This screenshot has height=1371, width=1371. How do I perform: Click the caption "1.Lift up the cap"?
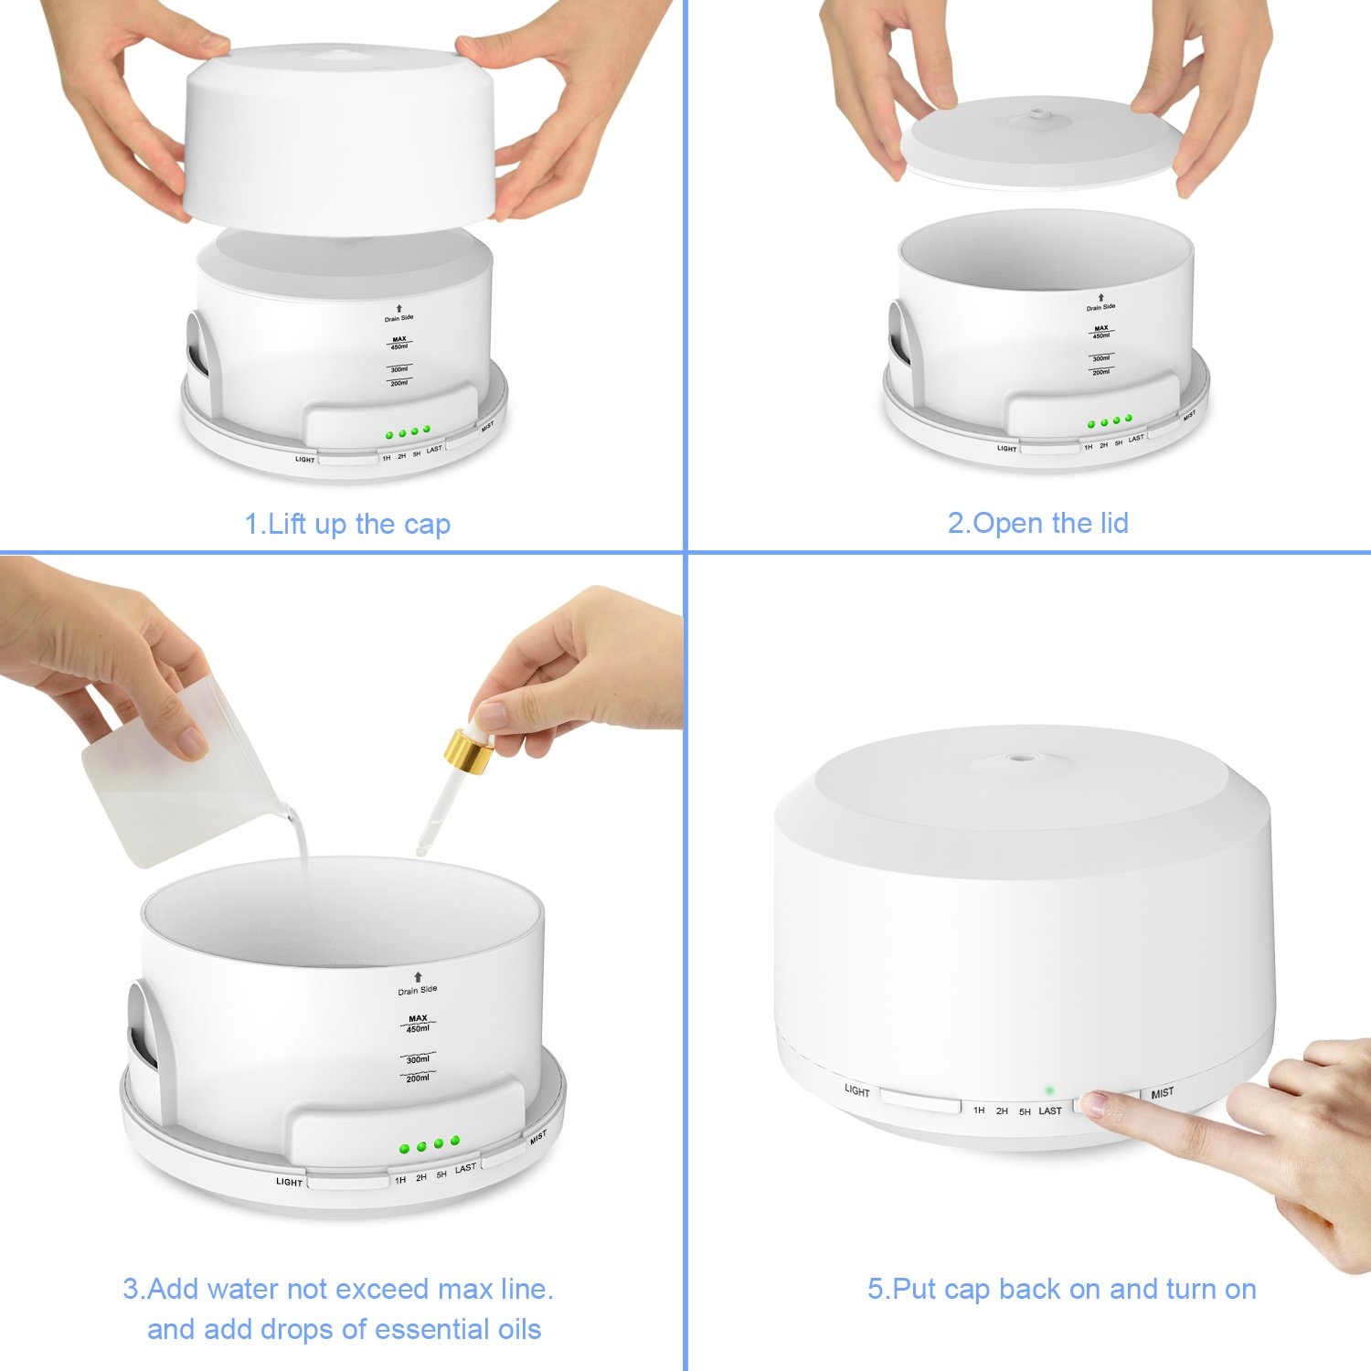[x=347, y=525]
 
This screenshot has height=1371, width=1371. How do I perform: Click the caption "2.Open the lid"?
[x=1037, y=523]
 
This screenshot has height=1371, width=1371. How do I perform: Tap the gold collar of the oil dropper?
[x=468, y=751]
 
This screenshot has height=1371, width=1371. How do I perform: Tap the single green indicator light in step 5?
[x=1049, y=1089]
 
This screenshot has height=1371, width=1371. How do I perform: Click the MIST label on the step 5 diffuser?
[x=1163, y=1093]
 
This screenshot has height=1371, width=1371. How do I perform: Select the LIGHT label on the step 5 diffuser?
[x=857, y=1090]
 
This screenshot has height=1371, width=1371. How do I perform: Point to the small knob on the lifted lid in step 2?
[x=1037, y=115]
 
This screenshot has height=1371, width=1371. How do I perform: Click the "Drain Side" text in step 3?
[x=418, y=990]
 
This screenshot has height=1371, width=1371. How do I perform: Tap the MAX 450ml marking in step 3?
[x=418, y=1023]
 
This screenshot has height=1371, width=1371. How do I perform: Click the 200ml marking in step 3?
[x=418, y=1079]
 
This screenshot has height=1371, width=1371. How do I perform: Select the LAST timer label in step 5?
[x=1050, y=1111]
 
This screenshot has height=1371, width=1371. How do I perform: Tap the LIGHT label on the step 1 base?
[x=304, y=459]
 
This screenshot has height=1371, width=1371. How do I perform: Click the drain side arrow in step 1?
[x=399, y=309]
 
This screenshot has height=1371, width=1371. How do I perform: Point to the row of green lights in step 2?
[x=1110, y=421]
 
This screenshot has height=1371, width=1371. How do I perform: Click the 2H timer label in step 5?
[x=1002, y=1111]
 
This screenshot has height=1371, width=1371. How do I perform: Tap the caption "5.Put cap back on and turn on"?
[x=1061, y=1289]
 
